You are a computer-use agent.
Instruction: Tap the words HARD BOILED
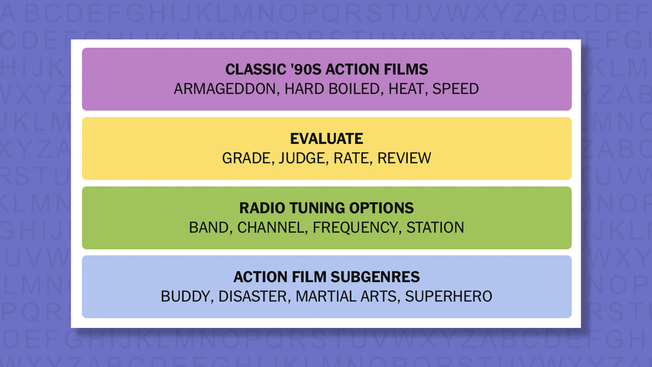tap(332, 89)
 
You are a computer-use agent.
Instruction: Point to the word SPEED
tap(455, 89)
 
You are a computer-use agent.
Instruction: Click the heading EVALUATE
tap(326, 139)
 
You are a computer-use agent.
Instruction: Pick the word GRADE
tap(247, 158)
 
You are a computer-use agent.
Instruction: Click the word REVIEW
tap(404, 158)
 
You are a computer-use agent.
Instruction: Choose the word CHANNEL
tap(271, 228)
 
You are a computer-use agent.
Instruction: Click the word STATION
tap(435, 228)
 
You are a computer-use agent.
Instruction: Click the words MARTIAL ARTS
tap(346, 297)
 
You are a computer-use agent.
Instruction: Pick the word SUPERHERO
tap(449, 297)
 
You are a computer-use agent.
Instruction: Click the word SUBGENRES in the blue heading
tap(375, 277)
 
